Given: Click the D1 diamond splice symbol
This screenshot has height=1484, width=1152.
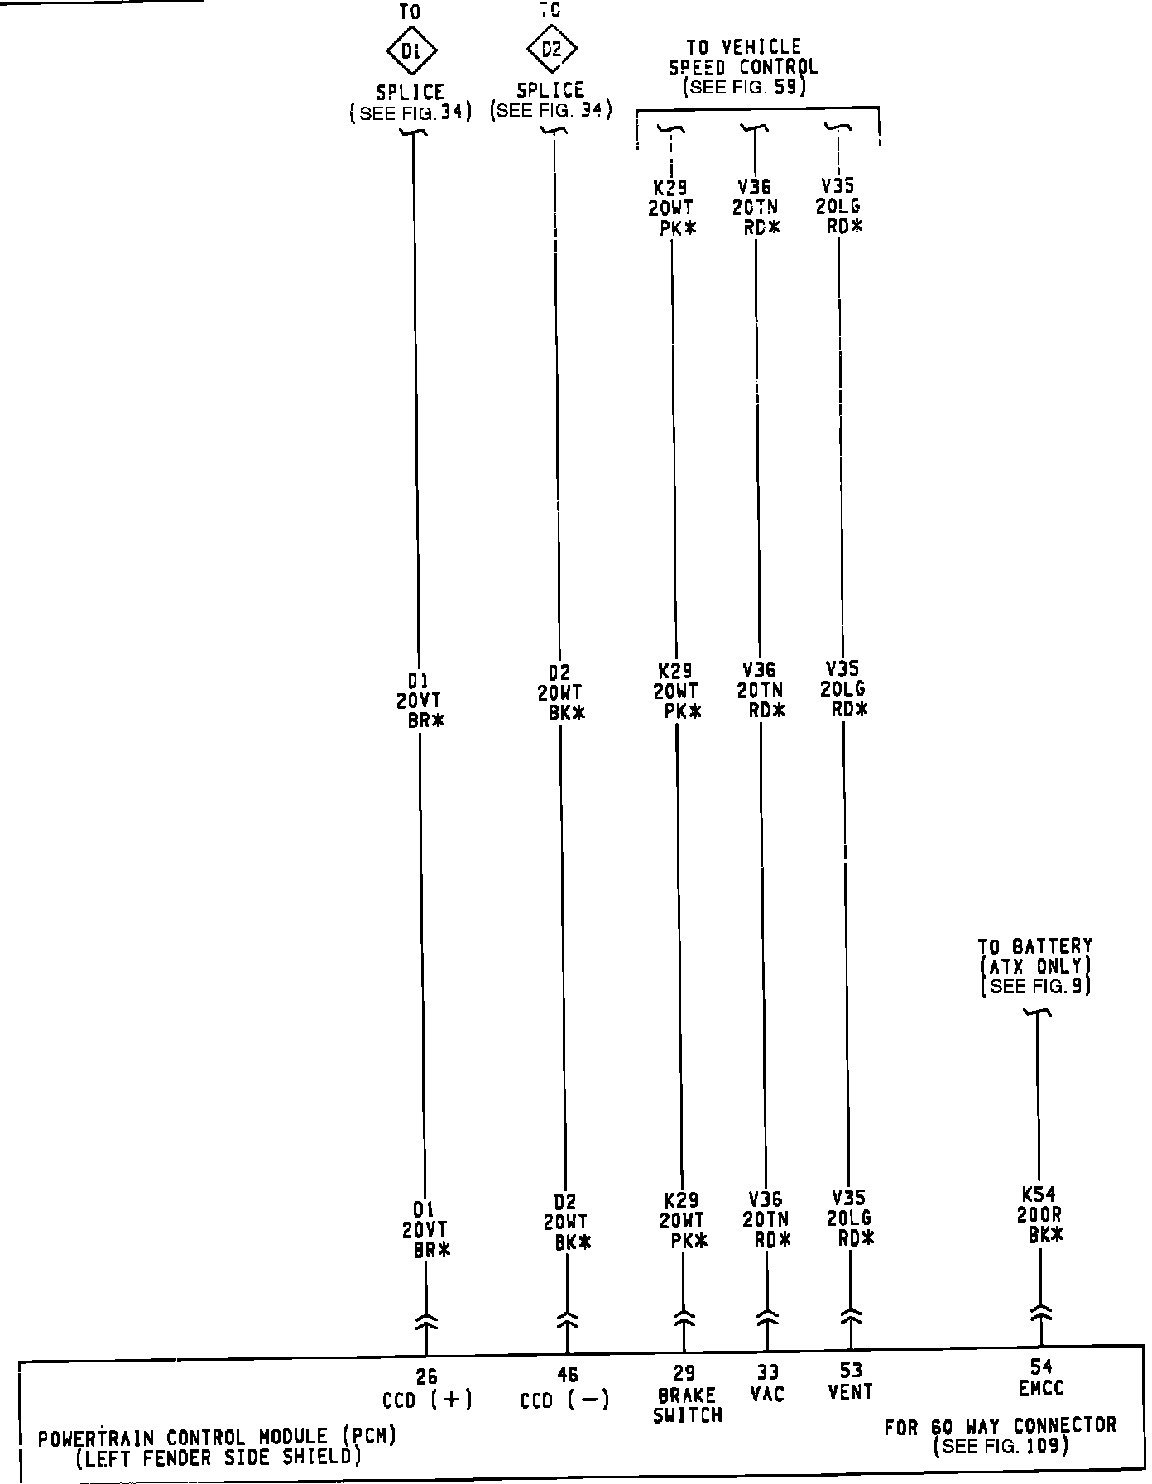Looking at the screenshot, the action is (411, 51).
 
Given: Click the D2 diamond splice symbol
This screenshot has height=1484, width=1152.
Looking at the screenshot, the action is (551, 49).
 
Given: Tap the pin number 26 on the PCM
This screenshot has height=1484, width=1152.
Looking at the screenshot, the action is (426, 1376).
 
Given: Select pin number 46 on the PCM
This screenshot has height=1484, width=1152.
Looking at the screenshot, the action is (567, 1375).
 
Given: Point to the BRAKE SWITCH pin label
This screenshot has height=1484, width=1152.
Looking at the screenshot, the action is (687, 1405).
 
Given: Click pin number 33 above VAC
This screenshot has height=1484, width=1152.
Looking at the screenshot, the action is (767, 1372).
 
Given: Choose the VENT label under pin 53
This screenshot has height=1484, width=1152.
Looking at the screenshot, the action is (850, 1391).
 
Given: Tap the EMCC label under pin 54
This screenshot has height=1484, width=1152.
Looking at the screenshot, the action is (1041, 1388).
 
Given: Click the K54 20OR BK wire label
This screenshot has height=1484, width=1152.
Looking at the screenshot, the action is (1040, 1214).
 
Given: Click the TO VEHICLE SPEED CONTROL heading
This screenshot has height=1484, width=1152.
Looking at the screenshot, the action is (743, 57).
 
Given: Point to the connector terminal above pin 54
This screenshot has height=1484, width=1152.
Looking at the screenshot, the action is (1041, 1313).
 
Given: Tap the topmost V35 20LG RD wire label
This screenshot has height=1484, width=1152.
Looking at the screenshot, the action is (839, 206).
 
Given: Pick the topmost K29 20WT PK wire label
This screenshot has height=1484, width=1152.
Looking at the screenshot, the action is (671, 208).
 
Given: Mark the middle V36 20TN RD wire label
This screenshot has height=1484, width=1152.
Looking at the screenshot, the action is (761, 690).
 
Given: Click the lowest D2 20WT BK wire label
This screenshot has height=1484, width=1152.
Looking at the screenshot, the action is (567, 1221).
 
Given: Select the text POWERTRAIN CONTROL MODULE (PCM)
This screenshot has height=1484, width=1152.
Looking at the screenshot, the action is (217, 1438).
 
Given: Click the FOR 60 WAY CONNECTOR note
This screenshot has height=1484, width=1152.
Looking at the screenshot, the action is (1000, 1426).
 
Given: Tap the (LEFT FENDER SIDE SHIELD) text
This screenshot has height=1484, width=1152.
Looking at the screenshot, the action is (218, 1458).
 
